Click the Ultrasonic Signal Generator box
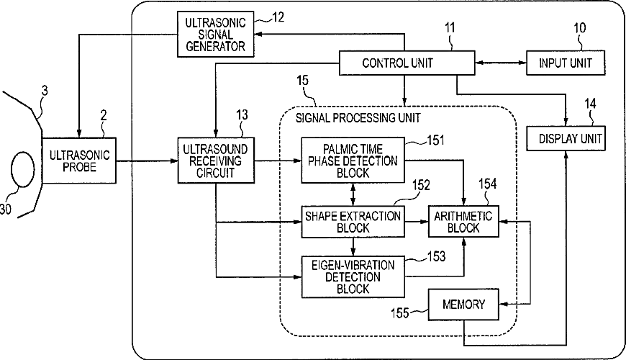coord(216,34)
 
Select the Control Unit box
coord(407,63)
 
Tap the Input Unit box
coord(566,63)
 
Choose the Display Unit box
coord(566,138)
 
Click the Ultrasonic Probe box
coord(79,161)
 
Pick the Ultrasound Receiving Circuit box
coord(216,161)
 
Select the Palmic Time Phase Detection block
coord(353,161)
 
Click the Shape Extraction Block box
coord(353,222)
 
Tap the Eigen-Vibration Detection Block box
coord(353,276)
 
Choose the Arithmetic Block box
coord(463,222)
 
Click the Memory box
coord(463,305)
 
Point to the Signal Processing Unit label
coord(358,118)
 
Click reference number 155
coord(400,312)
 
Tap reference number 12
coord(278,17)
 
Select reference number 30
coord(5,209)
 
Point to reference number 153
coord(436,256)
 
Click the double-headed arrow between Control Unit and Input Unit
coord(501,63)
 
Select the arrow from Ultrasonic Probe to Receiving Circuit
coord(147,161)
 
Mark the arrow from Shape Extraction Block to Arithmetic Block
coord(417,221)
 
